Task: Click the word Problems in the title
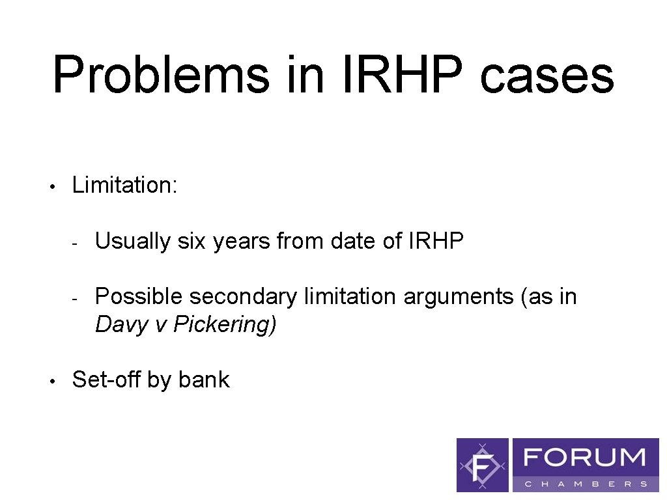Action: point(160,75)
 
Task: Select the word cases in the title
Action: point(546,75)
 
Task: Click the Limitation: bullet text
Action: point(124,185)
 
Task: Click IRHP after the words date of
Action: point(436,242)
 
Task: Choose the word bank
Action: point(204,380)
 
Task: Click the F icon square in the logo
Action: point(483,465)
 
